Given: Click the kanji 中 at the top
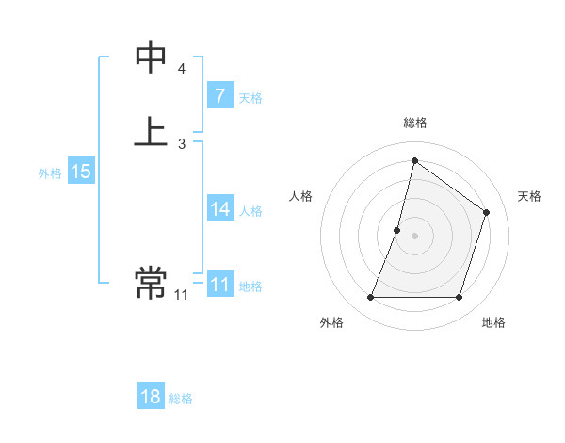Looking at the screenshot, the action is click(151, 57).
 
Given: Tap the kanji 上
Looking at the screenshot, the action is click(151, 132).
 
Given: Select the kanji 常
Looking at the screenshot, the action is click(151, 281).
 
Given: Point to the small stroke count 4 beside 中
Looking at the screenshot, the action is click(182, 69).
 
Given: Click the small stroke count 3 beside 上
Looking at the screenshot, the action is click(182, 144).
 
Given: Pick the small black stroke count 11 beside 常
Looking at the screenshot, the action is click(181, 295).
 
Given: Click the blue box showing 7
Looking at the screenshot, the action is click(219, 96).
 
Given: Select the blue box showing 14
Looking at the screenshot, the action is click(219, 209).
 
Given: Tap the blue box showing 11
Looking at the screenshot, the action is click(219, 285).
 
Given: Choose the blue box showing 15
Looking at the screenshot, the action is click(81, 172).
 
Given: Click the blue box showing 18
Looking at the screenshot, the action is click(151, 397).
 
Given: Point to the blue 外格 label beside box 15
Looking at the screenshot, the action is click(50, 173).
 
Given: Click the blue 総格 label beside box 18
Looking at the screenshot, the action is click(181, 399).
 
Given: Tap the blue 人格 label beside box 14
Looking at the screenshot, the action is click(251, 211).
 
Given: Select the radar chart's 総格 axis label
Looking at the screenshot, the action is click(415, 123).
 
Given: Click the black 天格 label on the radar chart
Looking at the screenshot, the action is click(529, 196).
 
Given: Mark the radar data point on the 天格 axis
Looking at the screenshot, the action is click(487, 212).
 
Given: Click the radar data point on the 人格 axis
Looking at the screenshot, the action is click(397, 230).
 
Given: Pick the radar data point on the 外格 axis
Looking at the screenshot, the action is click(370, 298).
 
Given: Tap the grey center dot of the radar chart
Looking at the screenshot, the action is click(415, 236).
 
